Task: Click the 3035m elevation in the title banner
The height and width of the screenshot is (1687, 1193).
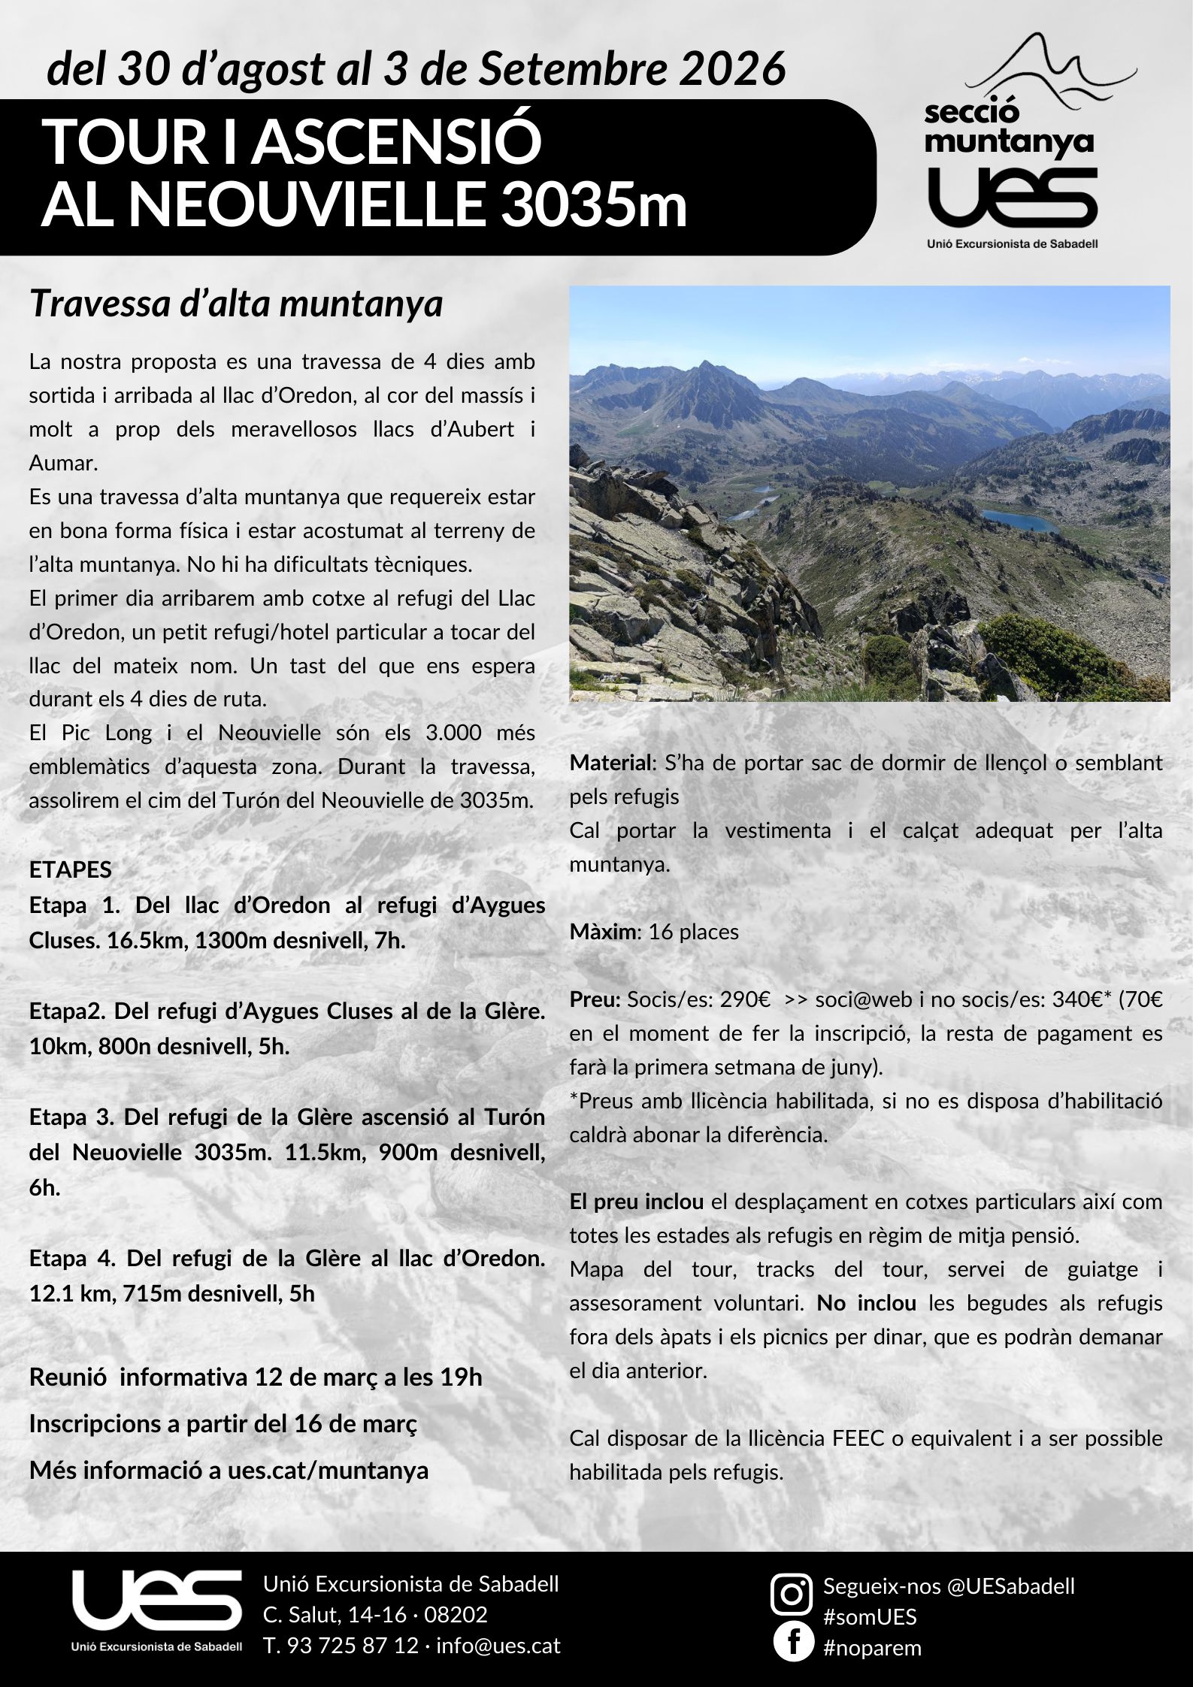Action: tap(594, 204)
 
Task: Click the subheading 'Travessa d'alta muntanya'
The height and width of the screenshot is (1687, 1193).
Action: tap(235, 304)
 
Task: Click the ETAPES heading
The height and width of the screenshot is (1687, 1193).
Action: tap(70, 869)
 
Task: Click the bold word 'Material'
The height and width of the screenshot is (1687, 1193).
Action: tap(612, 763)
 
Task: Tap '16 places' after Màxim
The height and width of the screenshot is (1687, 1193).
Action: tap(693, 932)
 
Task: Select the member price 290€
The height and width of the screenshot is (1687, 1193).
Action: tap(744, 999)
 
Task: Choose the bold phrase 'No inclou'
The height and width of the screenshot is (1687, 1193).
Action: tap(866, 1302)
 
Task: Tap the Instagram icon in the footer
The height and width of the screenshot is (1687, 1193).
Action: tap(792, 1592)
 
